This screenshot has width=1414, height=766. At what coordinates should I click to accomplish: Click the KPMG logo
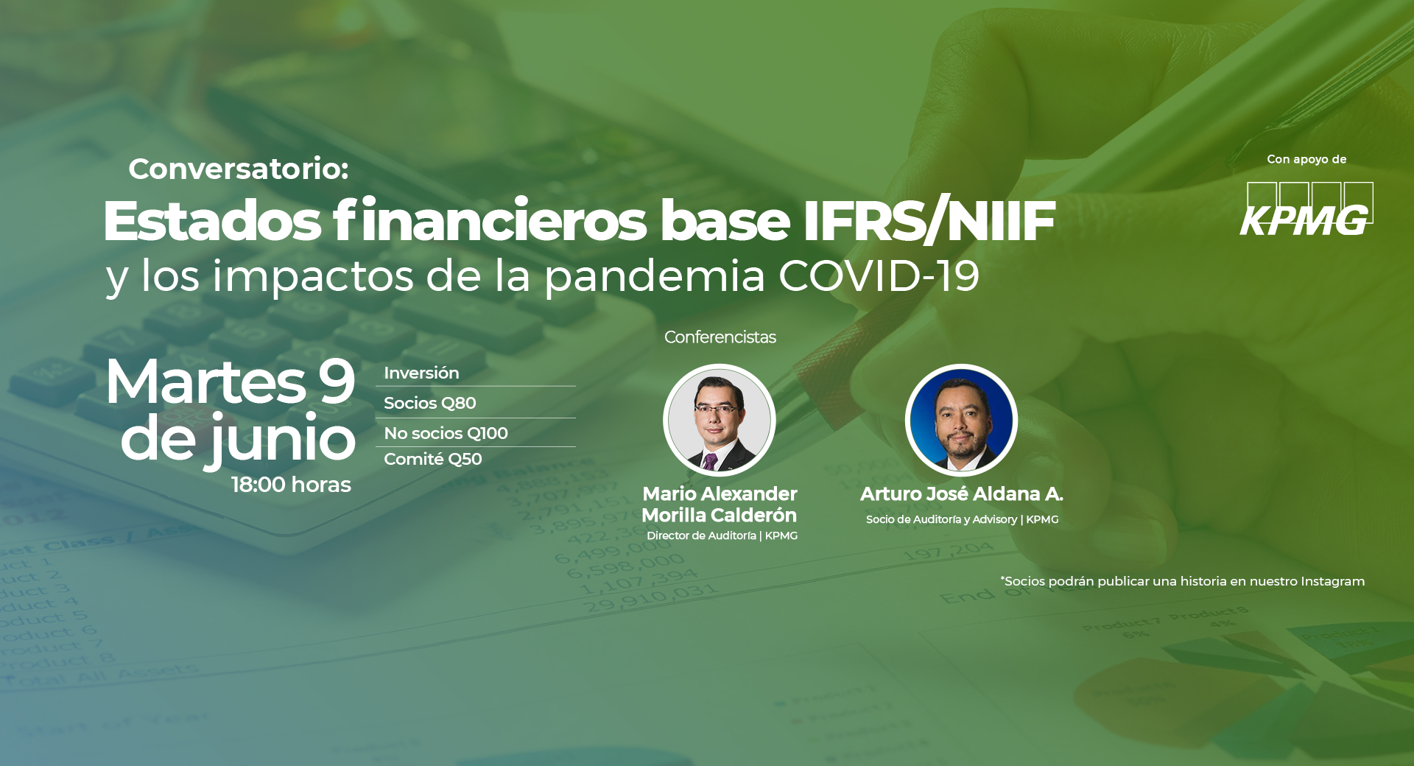1306,209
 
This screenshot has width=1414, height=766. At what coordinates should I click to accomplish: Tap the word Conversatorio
238,169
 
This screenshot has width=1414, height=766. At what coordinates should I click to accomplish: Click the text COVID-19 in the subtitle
879,276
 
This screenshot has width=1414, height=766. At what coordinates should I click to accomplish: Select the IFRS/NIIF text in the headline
929,220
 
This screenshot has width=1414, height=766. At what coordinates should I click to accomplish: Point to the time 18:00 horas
292,485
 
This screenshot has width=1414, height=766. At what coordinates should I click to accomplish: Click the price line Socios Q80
429,403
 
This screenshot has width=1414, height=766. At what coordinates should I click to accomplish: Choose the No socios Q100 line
446,433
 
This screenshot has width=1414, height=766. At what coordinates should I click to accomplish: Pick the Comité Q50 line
433,459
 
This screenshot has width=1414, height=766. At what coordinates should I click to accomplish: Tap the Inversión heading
421,373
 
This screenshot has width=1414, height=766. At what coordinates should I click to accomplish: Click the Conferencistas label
720,337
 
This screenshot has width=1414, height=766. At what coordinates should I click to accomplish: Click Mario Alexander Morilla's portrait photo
720,420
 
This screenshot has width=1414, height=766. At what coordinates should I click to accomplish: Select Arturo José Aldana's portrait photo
961,420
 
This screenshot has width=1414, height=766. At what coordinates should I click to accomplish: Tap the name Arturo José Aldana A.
962,493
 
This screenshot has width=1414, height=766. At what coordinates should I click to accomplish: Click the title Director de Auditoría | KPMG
722,535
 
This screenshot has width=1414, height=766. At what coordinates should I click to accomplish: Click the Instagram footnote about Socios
1182,581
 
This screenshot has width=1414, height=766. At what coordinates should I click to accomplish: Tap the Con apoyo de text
1306,159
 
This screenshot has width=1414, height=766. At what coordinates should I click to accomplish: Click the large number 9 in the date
337,382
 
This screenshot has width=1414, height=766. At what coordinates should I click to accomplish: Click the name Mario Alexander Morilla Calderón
720,505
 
